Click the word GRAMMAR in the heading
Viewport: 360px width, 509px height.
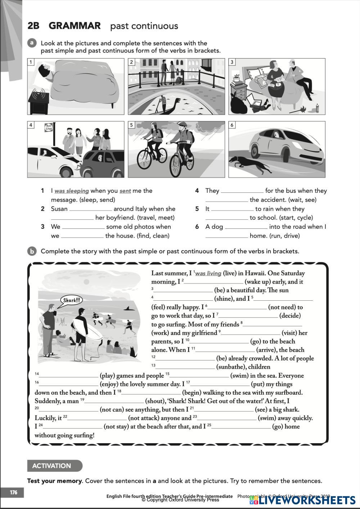click(75, 26)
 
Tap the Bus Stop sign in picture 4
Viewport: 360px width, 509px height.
click(49, 127)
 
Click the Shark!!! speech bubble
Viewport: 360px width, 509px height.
click(72, 300)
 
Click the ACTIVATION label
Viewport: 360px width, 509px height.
click(51, 466)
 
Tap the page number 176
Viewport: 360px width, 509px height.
click(14, 492)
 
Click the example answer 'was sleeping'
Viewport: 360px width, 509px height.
click(72, 191)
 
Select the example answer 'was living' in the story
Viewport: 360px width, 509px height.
click(208, 273)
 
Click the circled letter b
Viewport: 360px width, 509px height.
click(32, 251)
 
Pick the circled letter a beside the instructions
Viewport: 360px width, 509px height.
click(32, 43)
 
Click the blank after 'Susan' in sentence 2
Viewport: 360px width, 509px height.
click(90, 209)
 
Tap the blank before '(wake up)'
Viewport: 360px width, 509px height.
click(214, 282)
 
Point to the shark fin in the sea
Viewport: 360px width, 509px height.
click(127, 308)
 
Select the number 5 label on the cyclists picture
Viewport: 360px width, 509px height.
click(132, 125)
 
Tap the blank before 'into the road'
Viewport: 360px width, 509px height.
click(246, 227)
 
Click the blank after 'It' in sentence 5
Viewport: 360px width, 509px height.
click(232, 209)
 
